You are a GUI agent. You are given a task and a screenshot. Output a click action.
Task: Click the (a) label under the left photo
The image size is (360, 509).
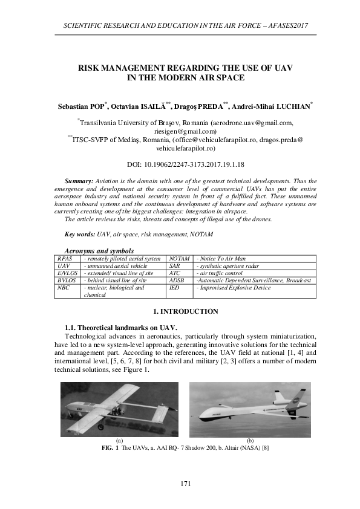119,441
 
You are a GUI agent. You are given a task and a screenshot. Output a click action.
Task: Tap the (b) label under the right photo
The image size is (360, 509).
250,441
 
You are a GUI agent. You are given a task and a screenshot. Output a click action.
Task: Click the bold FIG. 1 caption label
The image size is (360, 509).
111,449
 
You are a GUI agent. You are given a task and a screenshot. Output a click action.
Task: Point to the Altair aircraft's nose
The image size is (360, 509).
199,416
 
